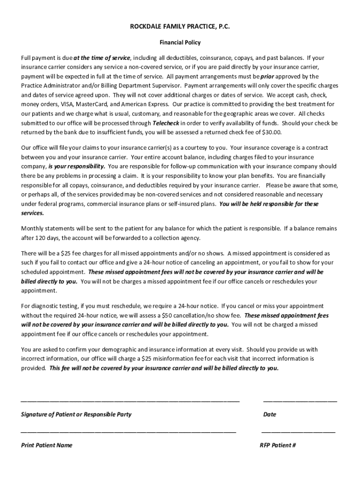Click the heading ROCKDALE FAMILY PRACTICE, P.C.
(x=180, y=27)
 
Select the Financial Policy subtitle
(x=180, y=43)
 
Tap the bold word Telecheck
(x=166, y=123)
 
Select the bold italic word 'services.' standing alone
(x=33, y=213)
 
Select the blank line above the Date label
(x=300, y=401)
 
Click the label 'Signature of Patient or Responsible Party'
(x=76, y=414)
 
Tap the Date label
(x=270, y=414)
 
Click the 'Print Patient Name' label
(x=47, y=445)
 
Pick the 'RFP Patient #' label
(x=278, y=445)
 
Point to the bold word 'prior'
(x=267, y=76)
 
